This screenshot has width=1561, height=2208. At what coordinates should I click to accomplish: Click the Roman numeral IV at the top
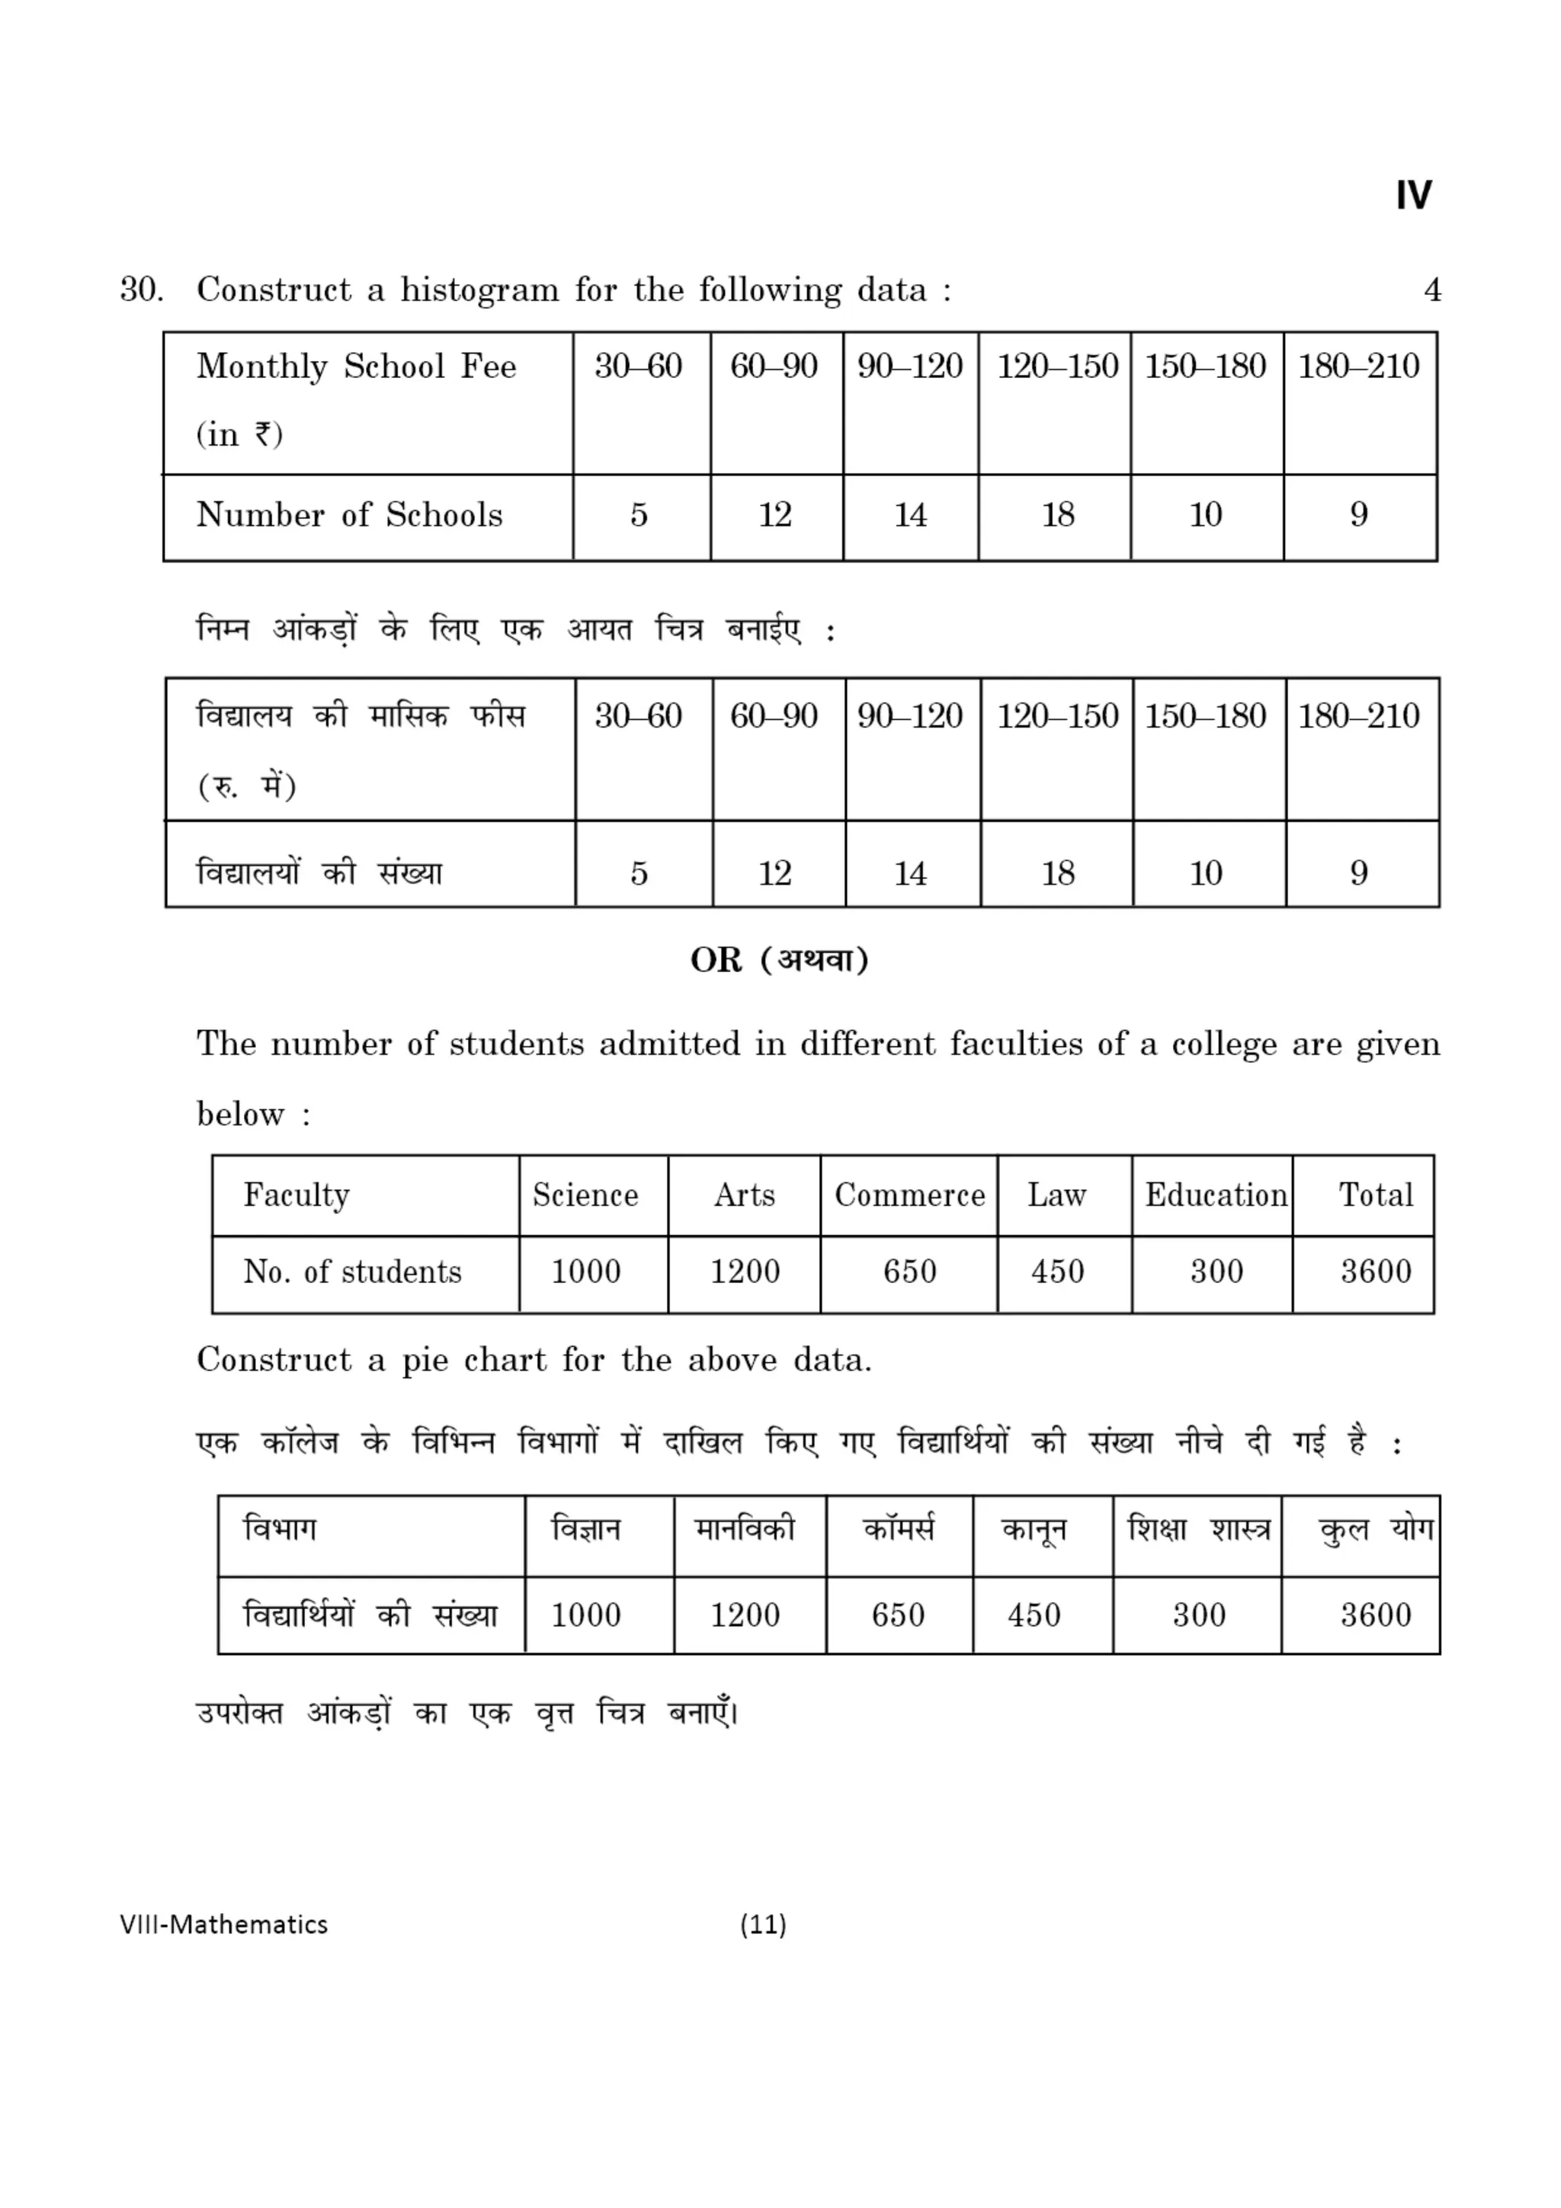(1413, 195)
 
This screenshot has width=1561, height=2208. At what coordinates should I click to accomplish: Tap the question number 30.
(141, 290)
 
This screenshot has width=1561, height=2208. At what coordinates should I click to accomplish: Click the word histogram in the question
(479, 290)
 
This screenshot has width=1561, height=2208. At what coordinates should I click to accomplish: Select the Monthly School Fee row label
(356, 366)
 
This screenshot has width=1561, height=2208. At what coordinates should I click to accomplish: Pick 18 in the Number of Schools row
(1057, 516)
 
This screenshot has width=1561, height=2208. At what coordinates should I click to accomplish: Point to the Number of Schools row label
(349, 516)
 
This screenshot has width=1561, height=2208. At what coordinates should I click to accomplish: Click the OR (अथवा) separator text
(779, 960)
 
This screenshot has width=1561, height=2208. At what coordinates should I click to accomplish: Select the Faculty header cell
(296, 1195)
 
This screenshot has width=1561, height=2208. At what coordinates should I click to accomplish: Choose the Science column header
(585, 1195)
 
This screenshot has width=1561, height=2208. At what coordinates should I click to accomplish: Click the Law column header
(1056, 1195)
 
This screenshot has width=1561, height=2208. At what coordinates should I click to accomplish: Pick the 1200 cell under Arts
(745, 1272)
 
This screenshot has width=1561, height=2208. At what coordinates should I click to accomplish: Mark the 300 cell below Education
(1216, 1272)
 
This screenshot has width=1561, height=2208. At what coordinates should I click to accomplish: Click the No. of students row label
(352, 1272)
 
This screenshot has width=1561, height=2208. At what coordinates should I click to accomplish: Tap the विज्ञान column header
(585, 1529)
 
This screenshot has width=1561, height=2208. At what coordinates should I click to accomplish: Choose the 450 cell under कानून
(1034, 1614)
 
